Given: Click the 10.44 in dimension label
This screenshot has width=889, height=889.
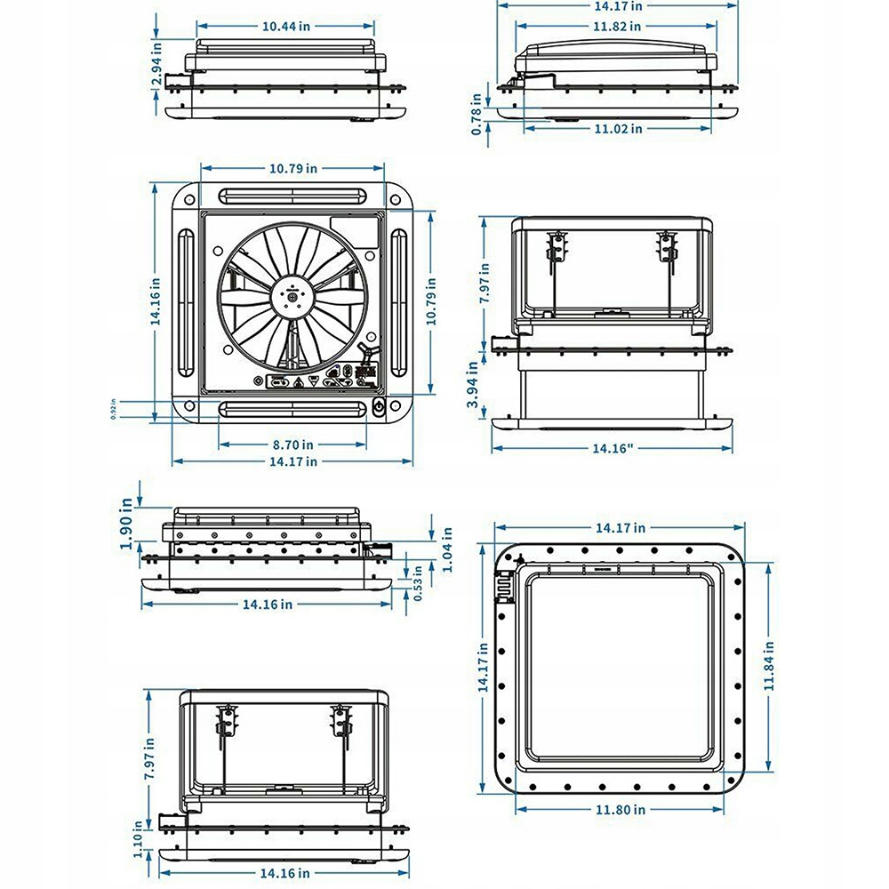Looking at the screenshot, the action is pos(285,26).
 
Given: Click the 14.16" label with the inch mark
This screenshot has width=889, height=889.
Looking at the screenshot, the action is pos(613,448).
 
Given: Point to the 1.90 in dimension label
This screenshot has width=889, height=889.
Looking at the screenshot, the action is pos(126,526).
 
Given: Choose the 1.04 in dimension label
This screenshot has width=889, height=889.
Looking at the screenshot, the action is pos(447,549).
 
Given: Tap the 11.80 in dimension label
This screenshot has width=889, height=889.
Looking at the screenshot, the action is pos(621,809).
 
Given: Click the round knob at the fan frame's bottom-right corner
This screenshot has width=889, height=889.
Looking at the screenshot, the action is pos(379,410).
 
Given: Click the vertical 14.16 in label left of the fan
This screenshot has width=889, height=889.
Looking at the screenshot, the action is pos(156,302).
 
